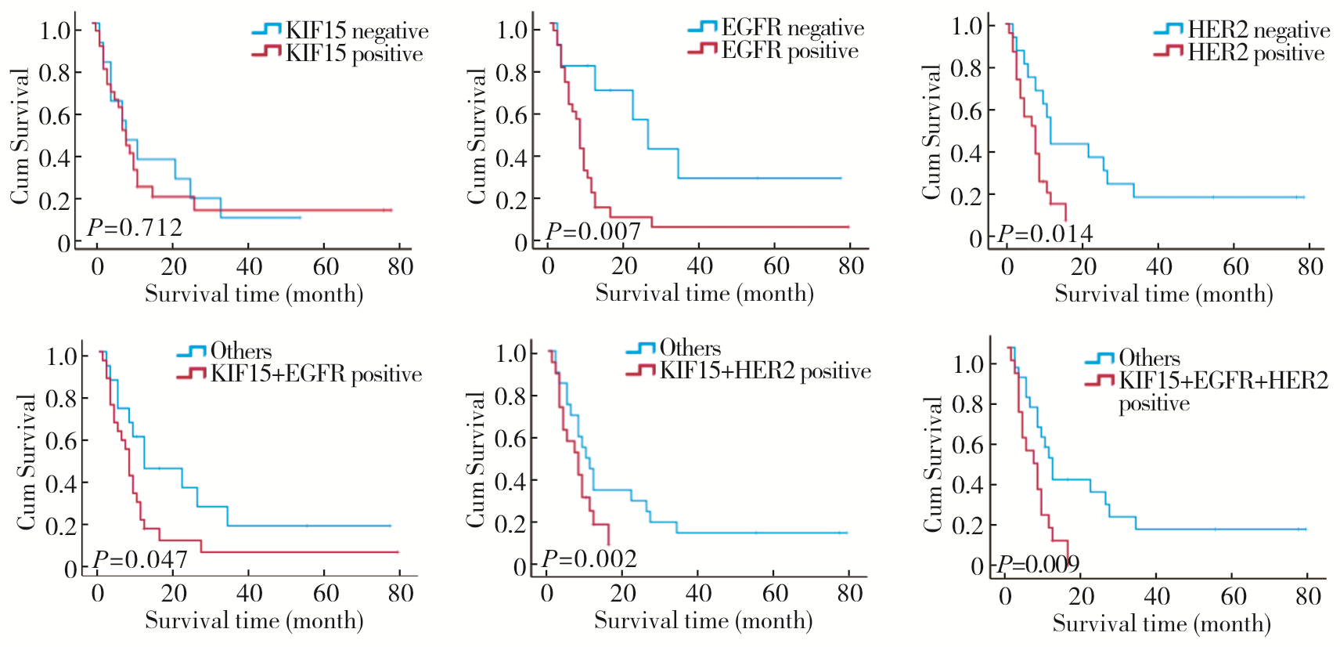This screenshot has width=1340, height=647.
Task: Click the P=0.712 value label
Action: [134, 228]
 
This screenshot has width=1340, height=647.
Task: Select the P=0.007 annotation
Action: [593, 232]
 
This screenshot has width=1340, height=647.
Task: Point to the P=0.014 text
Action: [1044, 234]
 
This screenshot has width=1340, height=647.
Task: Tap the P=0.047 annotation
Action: [139, 560]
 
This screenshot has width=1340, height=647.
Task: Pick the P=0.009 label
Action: [1038, 564]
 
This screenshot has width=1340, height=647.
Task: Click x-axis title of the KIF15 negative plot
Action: [254, 295]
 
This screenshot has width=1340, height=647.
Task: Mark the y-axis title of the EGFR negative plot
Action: [477, 136]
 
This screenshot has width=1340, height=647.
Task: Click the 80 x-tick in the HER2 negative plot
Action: [1309, 267]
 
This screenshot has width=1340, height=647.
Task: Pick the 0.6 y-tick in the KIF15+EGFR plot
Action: [62, 441]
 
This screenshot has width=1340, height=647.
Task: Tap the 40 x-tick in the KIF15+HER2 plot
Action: [698, 594]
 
